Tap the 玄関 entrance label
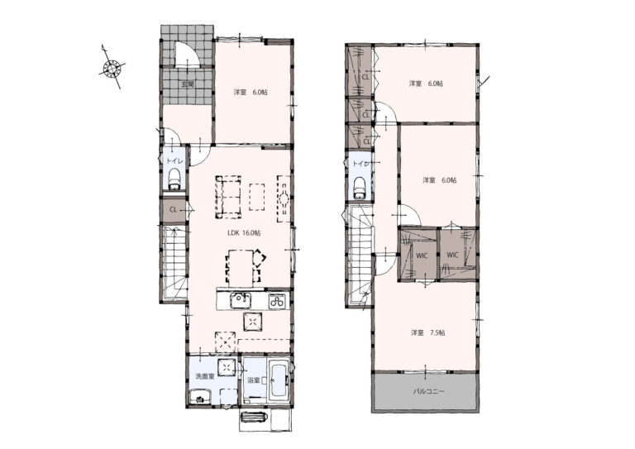(x=187, y=84)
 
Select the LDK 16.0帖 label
(x=244, y=233)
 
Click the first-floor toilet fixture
(x=174, y=179)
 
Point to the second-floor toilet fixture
(x=359, y=188)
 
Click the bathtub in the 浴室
(x=279, y=380)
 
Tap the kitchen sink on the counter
(x=241, y=300)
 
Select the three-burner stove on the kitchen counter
(x=278, y=301)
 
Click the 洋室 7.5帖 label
(x=428, y=332)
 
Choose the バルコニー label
(x=429, y=391)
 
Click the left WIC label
(x=422, y=256)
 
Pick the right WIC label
(x=452, y=255)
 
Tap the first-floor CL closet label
(x=173, y=210)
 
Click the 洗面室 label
(x=205, y=376)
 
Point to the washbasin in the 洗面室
(x=199, y=396)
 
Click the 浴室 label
(x=253, y=380)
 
